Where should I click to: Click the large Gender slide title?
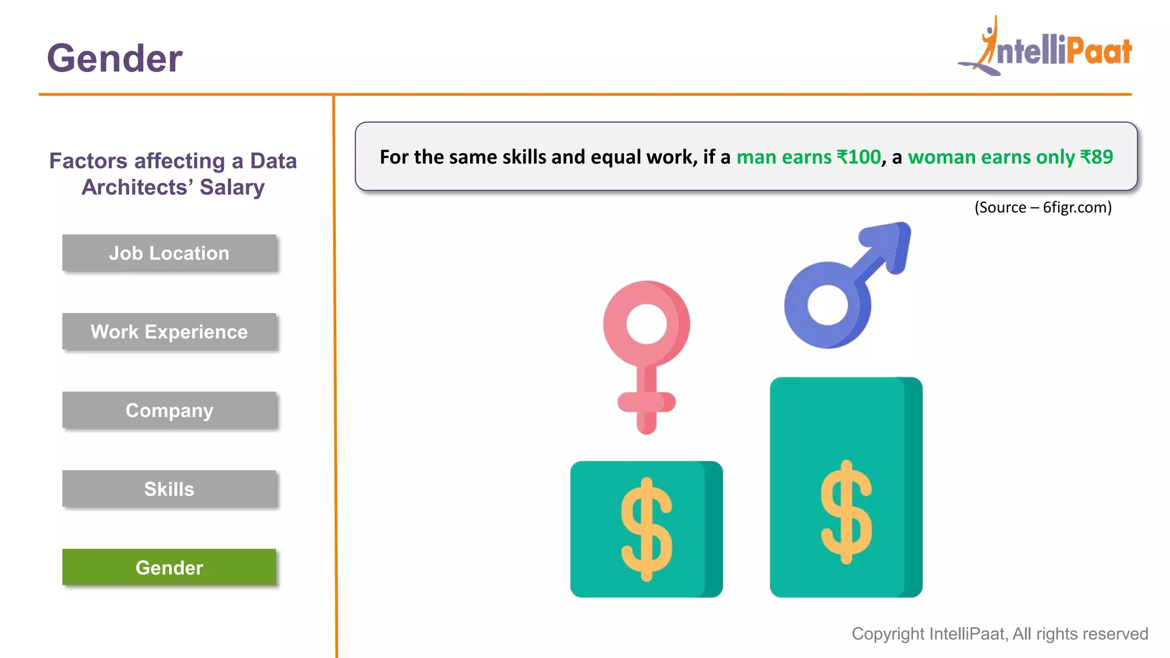[x=114, y=58]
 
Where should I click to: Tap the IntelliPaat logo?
[x=1045, y=49]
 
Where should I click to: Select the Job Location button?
[x=169, y=253]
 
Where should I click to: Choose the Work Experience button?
[x=169, y=332]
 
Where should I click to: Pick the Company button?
[x=169, y=411]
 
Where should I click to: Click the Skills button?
[x=169, y=489]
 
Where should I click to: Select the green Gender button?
[x=169, y=568]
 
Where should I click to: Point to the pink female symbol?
[x=646, y=343]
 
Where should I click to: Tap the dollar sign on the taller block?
[x=846, y=512]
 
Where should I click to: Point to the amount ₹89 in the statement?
[x=1096, y=157]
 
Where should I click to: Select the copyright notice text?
[x=1000, y=634]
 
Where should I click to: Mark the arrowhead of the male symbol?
[x=889, y=243]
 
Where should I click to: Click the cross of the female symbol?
[x=646, y=402]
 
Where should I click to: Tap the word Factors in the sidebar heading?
[x=88, y=161]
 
